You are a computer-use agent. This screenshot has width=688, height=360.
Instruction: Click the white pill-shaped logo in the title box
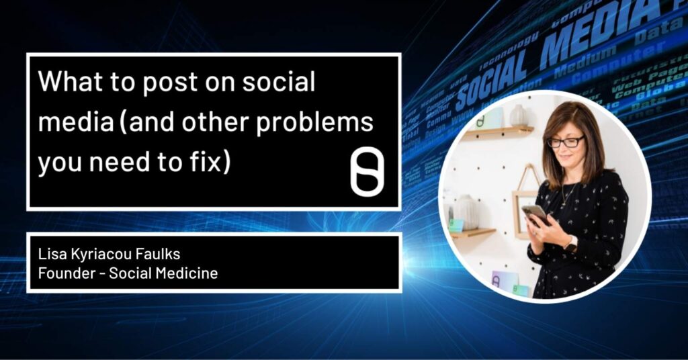[367, 173]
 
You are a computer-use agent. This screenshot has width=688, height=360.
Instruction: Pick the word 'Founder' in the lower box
[64, 273]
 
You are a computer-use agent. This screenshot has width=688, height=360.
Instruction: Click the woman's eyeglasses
[565, 142]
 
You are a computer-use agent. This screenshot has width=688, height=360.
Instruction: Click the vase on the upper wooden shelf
[518, 116]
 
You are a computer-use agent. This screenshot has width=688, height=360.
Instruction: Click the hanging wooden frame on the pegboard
[524, 199]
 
